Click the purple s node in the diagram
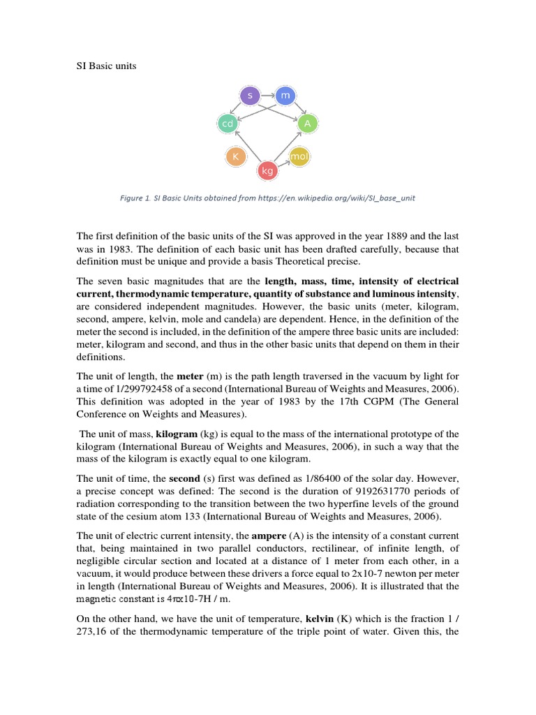249,95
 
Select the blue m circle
285,95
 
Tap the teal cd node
227,124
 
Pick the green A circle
307,124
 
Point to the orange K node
236,157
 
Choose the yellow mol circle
299,157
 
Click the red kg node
267,170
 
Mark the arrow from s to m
267,95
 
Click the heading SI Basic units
107,66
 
